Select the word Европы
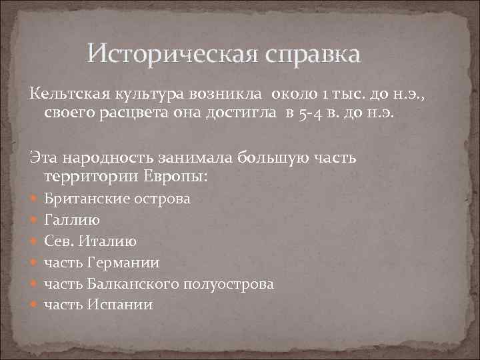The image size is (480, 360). (175, 177)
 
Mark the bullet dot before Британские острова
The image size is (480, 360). (35, 199)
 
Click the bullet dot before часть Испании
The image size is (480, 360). (35, 305)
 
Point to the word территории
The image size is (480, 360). (90, 177)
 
